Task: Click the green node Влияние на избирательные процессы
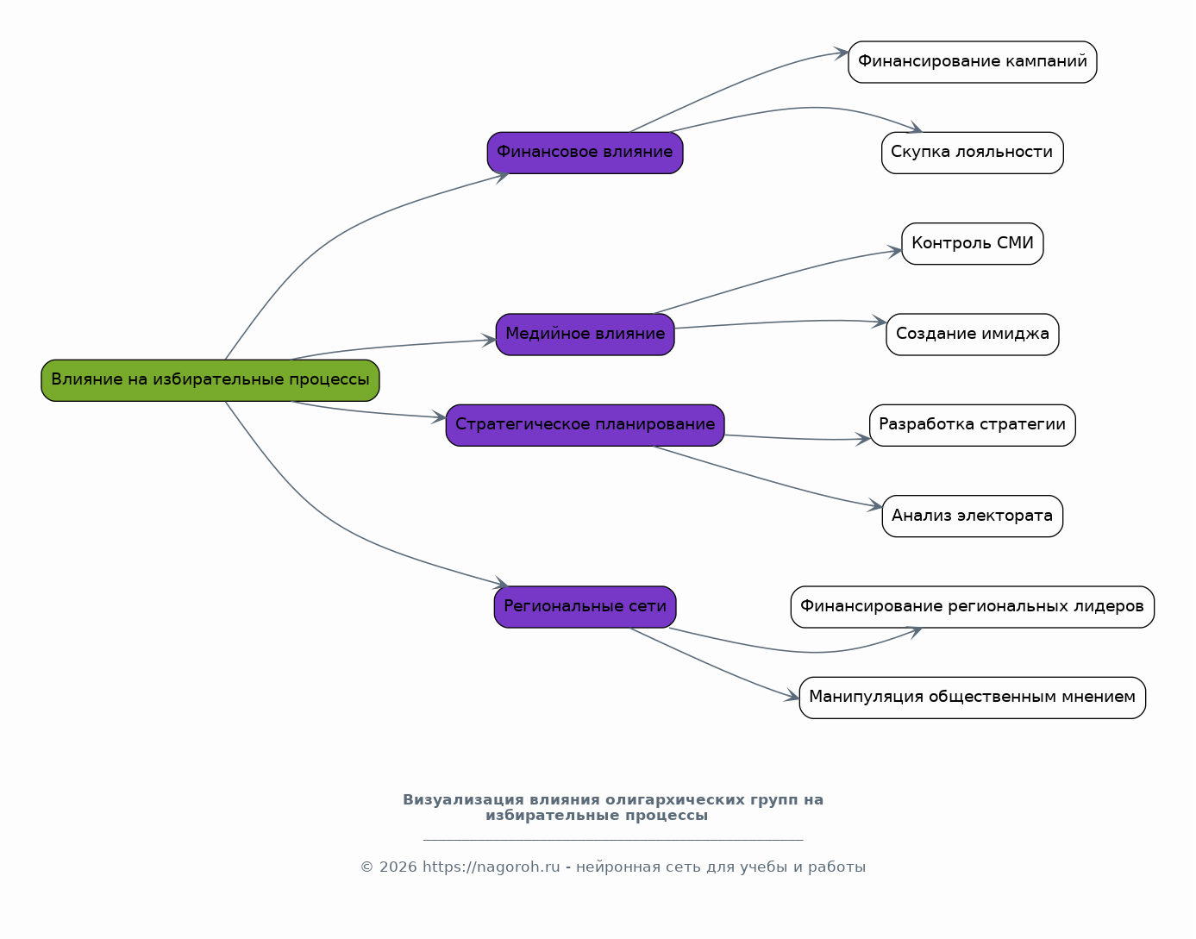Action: tap(210, 380)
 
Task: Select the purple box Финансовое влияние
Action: tap(585, 153)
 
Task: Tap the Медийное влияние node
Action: tap(585, 334)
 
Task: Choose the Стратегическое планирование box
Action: tap(585, 425)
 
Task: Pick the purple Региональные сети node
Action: tap(585, 606)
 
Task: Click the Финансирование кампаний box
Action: tap(972, 61)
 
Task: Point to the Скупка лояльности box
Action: tap(972, 153)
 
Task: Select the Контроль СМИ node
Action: tap(972, 243)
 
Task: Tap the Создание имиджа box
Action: tap(972, 334)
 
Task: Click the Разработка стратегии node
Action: tap(972, 425)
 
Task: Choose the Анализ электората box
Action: tap(972, 516)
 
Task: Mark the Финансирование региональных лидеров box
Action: tap(972, 606)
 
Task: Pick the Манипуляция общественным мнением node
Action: tap(972, 698)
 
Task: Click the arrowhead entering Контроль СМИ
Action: tap(895, 252)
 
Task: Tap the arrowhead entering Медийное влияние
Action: tap(489, 340)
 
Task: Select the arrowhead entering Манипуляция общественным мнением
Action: tap(792, 695)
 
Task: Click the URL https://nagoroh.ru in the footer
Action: tap(491, 867)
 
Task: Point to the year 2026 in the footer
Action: tap(398, 867)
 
